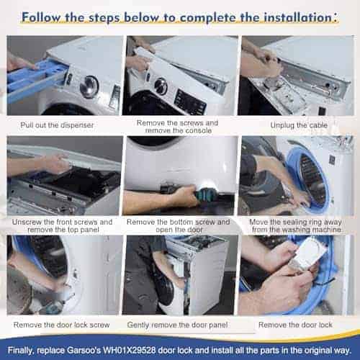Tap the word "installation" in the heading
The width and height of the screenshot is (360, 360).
pyautogui.click(x=272, y=16)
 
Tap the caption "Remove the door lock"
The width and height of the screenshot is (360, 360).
pyautogui.click(x=298, y=325)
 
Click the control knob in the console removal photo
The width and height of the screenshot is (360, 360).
pyautogui.click(x=161, y=86)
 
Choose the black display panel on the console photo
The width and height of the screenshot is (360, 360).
pyautogui.click(x=190, y=101)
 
